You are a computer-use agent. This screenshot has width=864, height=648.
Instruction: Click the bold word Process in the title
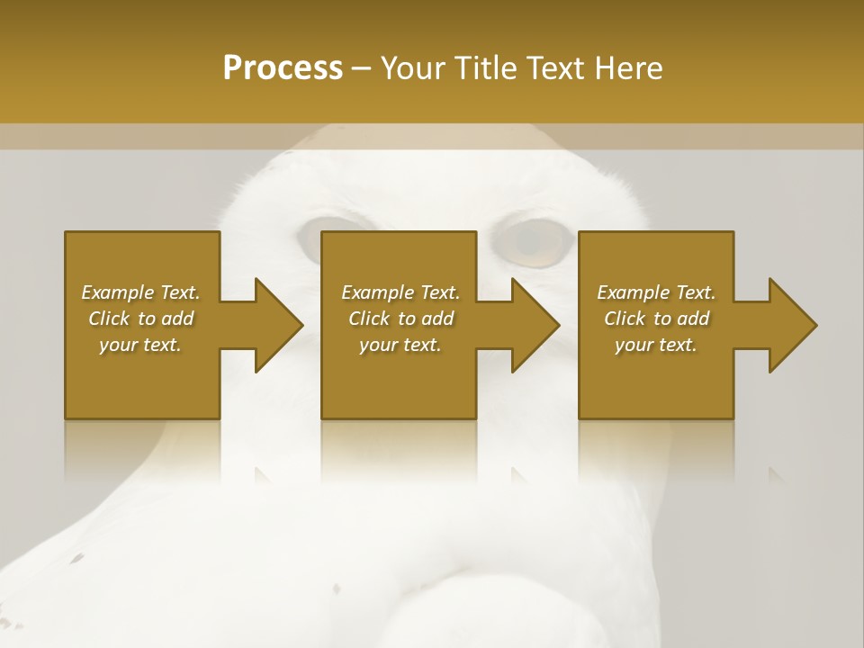pos(283,68)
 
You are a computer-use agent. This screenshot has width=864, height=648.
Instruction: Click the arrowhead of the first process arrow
pos(278,325)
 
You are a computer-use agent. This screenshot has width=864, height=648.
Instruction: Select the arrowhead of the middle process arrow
pos(535,325)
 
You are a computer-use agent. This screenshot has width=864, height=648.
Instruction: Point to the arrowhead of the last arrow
pos(792,325)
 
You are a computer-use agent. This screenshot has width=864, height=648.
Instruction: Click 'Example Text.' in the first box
pos(140,292)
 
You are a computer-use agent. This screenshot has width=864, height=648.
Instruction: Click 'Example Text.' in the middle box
pos(400,292)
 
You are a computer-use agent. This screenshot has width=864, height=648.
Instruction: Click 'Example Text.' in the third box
pos(656,292)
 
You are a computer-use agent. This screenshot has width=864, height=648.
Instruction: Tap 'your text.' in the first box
pos(140,345)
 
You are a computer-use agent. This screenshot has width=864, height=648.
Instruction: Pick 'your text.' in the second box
pos(400,345)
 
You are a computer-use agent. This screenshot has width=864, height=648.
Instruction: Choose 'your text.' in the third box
pos(656,345)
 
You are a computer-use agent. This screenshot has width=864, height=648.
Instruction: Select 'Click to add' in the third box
pos(656,319)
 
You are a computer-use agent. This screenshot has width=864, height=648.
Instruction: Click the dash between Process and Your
pos(362,68)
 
